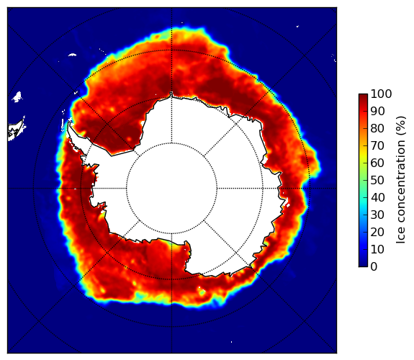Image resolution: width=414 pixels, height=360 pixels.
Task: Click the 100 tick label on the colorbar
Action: (x=381, y=94)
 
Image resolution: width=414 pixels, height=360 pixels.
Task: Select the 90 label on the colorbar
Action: (x=377, y=111)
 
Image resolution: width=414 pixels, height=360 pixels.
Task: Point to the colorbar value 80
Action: (x=377, y=128)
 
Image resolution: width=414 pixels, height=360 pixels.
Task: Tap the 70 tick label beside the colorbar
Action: (x=377, y=145)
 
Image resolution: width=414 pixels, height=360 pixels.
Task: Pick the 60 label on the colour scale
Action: (x=377, y=163)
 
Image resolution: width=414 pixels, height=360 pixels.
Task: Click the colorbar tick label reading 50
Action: (x=377, y=181)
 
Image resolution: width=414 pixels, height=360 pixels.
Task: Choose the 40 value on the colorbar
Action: (x=377, y=197)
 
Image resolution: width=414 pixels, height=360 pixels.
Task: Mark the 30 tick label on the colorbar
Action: (x=377, y=215)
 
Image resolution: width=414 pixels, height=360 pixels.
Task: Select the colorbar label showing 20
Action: (x=377, y=232)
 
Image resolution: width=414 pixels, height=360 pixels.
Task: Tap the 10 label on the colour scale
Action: (x=377, y=250)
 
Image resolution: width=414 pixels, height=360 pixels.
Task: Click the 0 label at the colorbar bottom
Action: (x=374, y=267)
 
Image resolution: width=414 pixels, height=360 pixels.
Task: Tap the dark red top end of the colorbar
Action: (x=363, y=95)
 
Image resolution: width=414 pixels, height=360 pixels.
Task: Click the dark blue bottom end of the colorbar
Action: (x=363, y=265)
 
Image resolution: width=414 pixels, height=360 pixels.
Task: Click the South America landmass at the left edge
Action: (x=16, y=130)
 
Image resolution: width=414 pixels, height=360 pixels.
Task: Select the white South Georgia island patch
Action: (x=72, y=55)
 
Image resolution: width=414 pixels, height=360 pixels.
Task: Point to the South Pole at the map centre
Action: (x=171, y=189)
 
